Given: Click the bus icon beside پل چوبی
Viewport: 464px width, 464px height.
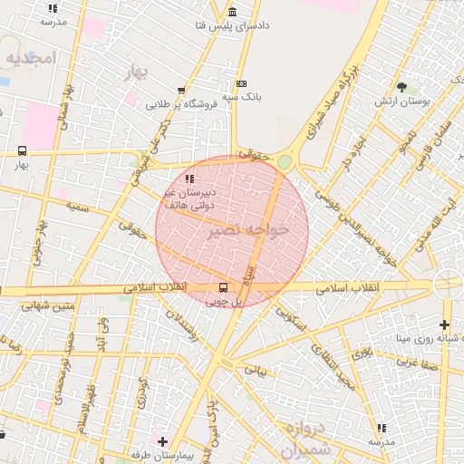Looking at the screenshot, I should pyautogui.click(x=223, y=288).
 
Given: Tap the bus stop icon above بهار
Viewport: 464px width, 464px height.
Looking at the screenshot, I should pyautogui.click(x=22, y=151).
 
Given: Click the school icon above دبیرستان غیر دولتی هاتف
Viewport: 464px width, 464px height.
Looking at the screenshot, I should pyautogui.click(x=189, y=178).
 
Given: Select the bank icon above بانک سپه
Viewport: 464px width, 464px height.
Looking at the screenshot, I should pyautogui.click(x=240, y=83).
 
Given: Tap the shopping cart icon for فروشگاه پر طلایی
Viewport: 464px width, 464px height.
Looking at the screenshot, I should pyautogui.click(x=182, y=90).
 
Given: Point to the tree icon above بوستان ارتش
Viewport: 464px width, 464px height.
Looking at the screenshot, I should pyautogui.click(x=401, y=87).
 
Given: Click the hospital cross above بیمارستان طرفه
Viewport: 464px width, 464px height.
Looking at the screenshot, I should pyautogui.click(x=162, y=441).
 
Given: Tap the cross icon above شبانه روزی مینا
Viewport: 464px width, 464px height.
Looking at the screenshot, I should pyautogui.click(x=444, y=324).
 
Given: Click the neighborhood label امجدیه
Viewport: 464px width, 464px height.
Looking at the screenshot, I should pyautogui.click(x=31, y=57).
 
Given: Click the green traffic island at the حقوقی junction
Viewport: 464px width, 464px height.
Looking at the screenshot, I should pyautogui.click(x=285, y=161).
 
